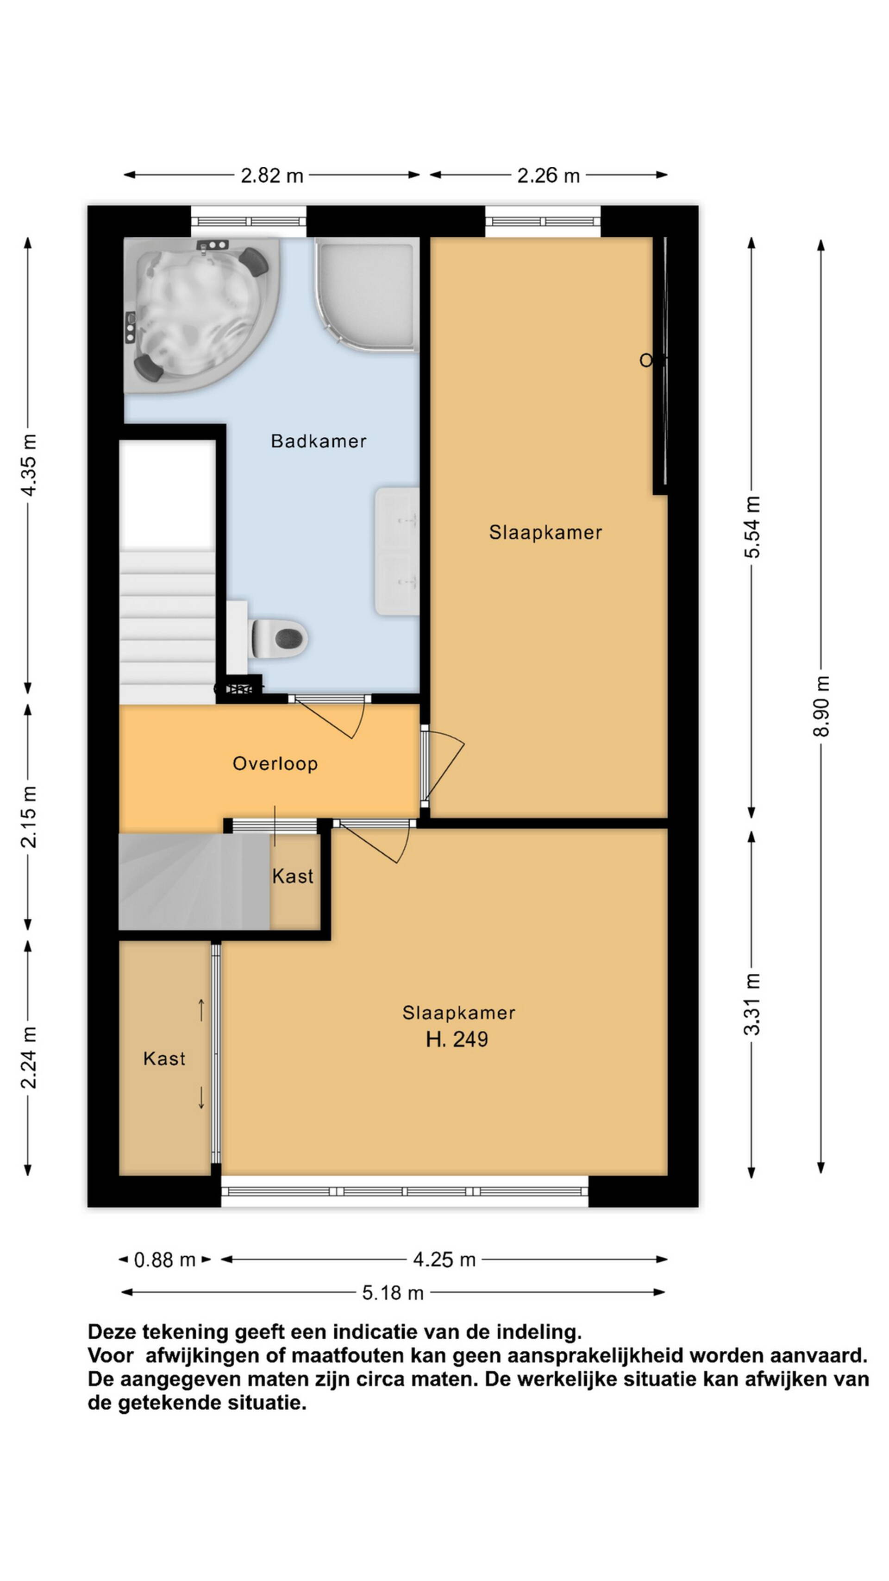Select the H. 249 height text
(457, 1039)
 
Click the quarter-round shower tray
(367, 295)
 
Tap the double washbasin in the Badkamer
(397, 551)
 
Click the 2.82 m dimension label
(272, 176)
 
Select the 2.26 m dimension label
(548, 176)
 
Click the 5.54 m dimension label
(753, 527)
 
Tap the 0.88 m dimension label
(164, 1260)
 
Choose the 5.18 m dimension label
(393, 1293)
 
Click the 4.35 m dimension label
(29, 464)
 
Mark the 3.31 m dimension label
(753, 1004)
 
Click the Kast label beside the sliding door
(164, 1058)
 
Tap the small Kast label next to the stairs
(293, 876)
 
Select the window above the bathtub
(249, 221)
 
